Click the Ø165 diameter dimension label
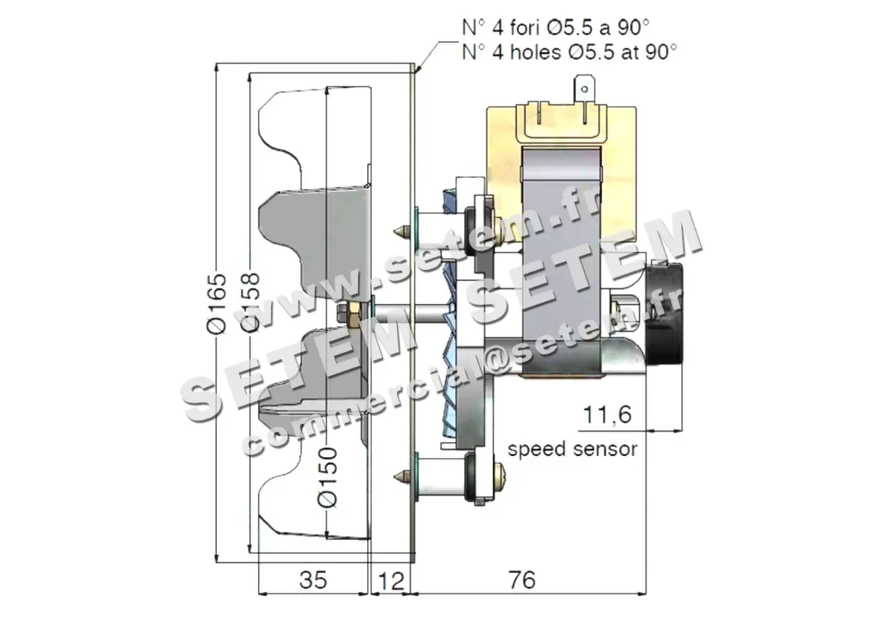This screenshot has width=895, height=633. [216, 306]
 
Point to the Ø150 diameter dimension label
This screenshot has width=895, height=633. [327, 478]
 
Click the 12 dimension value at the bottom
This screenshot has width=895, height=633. [390, 580]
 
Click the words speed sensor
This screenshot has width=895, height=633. [572, 449]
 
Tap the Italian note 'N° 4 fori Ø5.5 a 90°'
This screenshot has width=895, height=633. [555, 28]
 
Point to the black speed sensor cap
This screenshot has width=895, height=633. [668, 313]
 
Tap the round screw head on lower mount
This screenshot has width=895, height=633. [497, 474]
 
